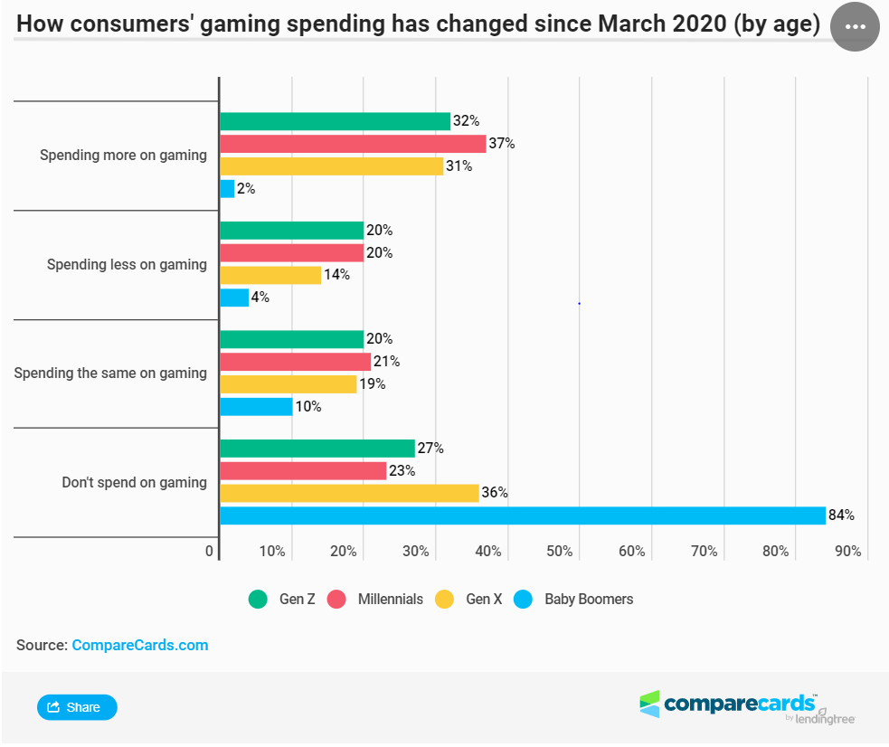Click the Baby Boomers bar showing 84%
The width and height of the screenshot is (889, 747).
click(x=522, y=515)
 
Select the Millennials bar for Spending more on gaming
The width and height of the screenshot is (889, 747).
click(x=353, y=144)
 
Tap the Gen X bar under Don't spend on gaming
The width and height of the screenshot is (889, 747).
click(x=349, y=493)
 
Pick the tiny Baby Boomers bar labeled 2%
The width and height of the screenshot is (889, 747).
click(x=227, y=189)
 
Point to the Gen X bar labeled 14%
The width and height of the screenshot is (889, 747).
click(x=270, y=275)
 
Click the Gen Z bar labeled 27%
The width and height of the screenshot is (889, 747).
click(x=317, y=449)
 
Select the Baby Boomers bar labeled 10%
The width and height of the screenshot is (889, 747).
click(x=256, y=407)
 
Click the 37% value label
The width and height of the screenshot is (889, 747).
click(x=502, y=144)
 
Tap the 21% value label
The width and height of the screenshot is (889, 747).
click(x=387, y=362)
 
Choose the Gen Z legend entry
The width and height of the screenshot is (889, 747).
click(x=282, y=599)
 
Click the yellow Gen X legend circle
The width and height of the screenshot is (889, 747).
click(x=444, y=599)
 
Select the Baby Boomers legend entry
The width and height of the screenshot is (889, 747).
click(x=574, y=599)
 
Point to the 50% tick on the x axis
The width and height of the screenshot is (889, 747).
click(x=560, y=552)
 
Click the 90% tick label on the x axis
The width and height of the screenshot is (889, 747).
click(x=847, y=552)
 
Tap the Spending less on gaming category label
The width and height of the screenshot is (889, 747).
click(x=127, y=265)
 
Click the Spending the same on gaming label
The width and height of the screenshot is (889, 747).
click(x=110, y=373)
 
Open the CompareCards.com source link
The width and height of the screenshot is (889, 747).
click(x=139, y=645)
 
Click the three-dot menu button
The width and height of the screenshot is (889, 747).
click(x=855, y=26)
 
